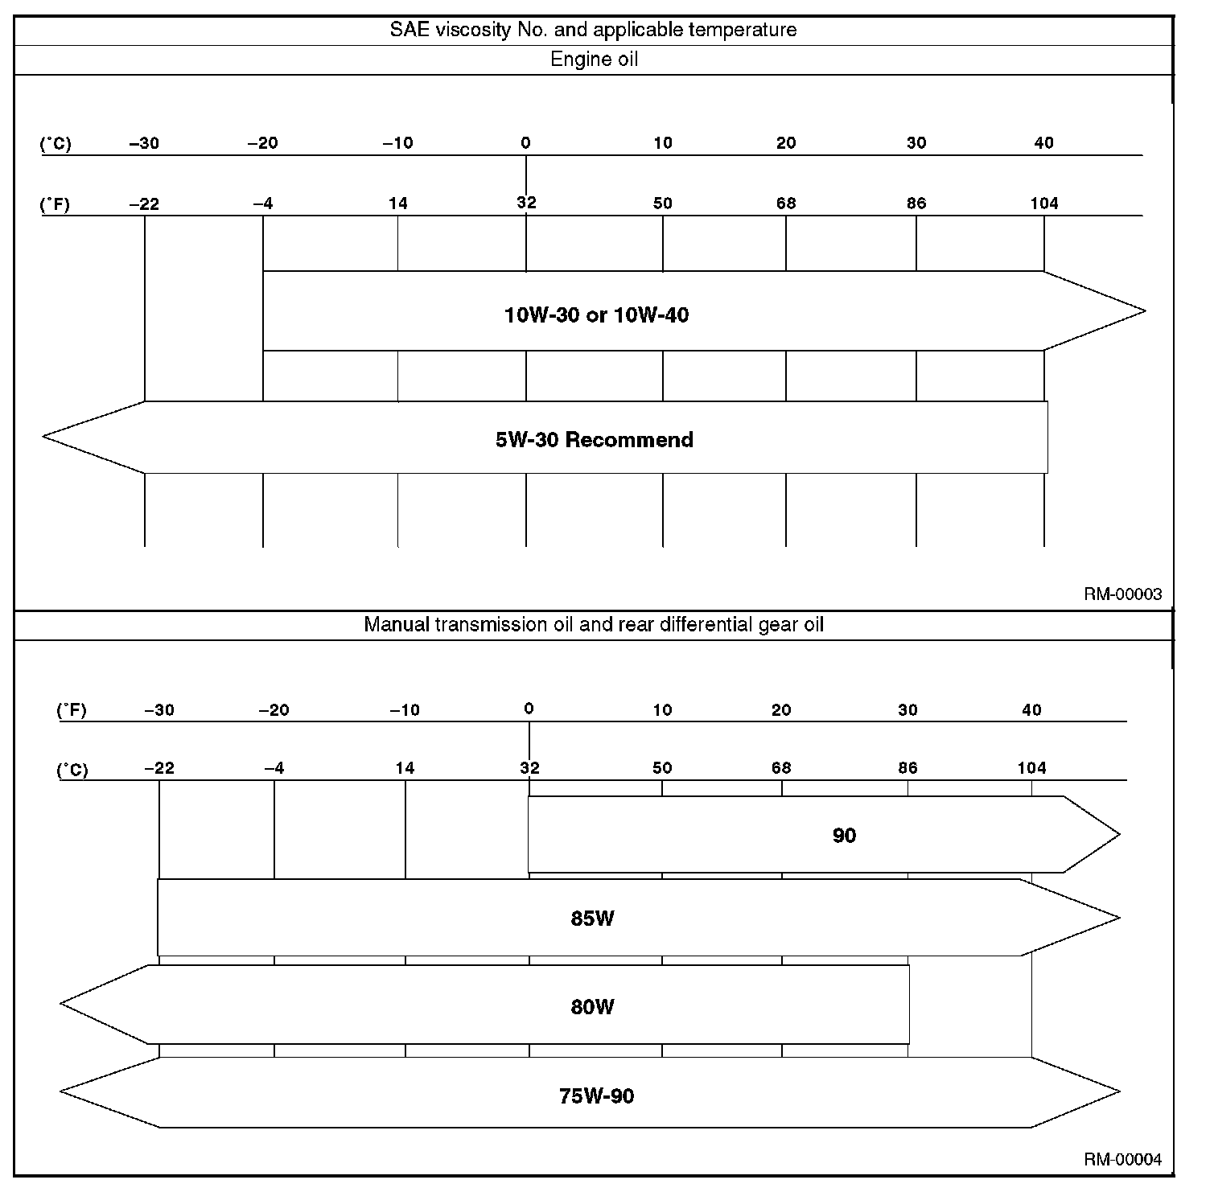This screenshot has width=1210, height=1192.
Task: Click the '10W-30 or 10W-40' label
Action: click(596, 314)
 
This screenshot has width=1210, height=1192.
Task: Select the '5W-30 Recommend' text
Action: click(594, 439)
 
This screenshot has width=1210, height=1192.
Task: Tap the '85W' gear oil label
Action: click(592, 918)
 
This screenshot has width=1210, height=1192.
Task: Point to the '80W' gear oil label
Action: click(592, 1006)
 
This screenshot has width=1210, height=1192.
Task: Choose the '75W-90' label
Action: click(596, 1095)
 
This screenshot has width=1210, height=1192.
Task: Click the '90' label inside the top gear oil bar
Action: click(844, 836)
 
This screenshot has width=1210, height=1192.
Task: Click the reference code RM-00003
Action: click(1122, 594)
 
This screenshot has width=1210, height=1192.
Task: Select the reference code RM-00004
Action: click(1122, 1160)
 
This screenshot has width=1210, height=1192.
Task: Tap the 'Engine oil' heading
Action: click(594, 60)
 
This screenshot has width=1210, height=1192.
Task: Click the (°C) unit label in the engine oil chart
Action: click(56, 144)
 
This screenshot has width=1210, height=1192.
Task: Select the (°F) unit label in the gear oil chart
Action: click(72, 710)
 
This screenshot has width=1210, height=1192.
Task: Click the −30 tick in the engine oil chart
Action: click(144, 143)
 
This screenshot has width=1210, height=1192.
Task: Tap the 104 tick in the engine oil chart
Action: click(1044, 203)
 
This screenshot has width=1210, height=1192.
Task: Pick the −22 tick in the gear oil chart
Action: click(159, 768)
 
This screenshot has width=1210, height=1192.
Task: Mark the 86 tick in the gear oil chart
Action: click(907, 768)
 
